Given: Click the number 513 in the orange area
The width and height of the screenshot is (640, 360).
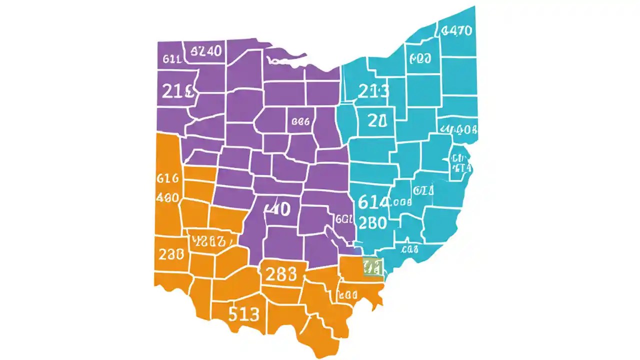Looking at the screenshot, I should click(x=244, y=314).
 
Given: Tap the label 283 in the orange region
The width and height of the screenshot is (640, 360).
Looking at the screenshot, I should click(x=281, y=274).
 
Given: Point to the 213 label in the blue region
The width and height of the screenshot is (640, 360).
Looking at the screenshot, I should click(x=373, y=91).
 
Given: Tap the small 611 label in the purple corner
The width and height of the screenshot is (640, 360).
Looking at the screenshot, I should click(x=172, y=59).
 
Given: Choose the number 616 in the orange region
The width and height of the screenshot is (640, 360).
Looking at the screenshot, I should click(x=167, y=178).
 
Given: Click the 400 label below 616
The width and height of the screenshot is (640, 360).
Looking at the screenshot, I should click(x=167, y=197).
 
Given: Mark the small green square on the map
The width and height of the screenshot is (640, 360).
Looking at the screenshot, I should click(x=373, y=266).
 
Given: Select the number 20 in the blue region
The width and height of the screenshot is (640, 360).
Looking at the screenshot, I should click(x=377, y=120).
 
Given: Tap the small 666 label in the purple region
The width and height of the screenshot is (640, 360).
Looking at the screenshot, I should click(x=300, y=121).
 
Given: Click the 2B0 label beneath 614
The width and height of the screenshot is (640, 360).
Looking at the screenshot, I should click(x=372, y=222).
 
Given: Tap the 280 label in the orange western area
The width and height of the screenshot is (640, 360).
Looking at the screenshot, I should click(x=172, y=254).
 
